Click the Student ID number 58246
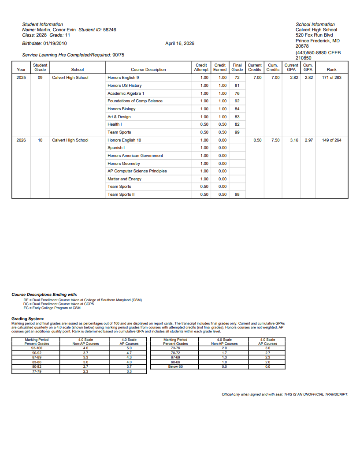tap(109, 30)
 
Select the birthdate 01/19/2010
tap(55, 44)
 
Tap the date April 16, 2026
tap(179, 44)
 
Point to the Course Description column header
tap(148, 70)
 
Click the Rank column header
tap(332, 70)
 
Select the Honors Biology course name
tap(121, 109)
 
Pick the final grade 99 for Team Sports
tap(237, 132)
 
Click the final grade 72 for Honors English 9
tap(237, 78)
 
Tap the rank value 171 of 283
tap(332, 78)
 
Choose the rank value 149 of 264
tap(332, 140)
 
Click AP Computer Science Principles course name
tap(137, 171)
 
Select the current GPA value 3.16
tap(294, 140)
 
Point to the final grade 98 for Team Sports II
tap(237, 194)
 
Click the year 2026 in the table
tap(21, 140)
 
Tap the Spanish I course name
tap(116, 148)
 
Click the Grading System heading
tap(28, 319)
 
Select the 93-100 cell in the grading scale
tap(37, 348)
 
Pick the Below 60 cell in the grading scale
tap(175, 366)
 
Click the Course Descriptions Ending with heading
tap(44, 294)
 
